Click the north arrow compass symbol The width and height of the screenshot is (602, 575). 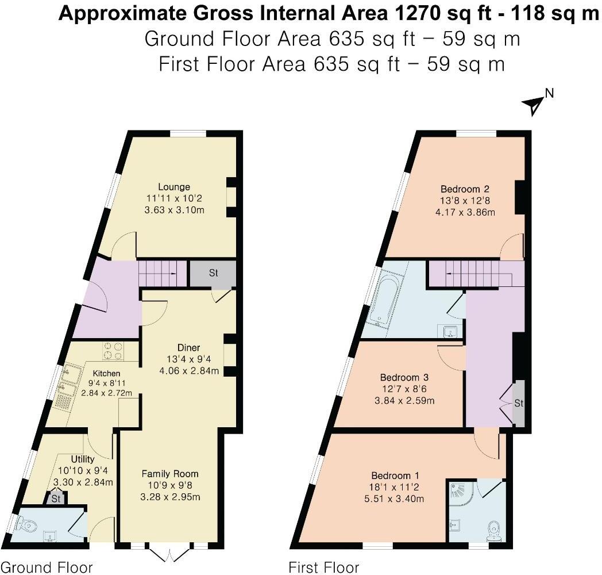[x=535, y=103]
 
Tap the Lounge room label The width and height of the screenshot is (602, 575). [x=174, y=187]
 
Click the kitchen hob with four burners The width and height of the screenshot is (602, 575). [x=114, y=351]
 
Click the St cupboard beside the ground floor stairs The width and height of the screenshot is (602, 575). [x=213, y=274]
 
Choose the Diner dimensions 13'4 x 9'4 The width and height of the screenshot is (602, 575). [x=188, y=359]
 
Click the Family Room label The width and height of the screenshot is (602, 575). [x=170, y=474]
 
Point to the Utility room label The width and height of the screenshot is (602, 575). [x=82, y=459]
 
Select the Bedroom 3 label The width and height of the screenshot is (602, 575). [x=404, y=378]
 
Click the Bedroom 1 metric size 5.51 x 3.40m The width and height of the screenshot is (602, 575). [x=395, y=499]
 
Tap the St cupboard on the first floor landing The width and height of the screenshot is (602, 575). [x=518, y=404]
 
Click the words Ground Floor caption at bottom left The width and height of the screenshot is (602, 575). [x=47, y=568]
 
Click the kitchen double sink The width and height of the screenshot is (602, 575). [x=68, y=385]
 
